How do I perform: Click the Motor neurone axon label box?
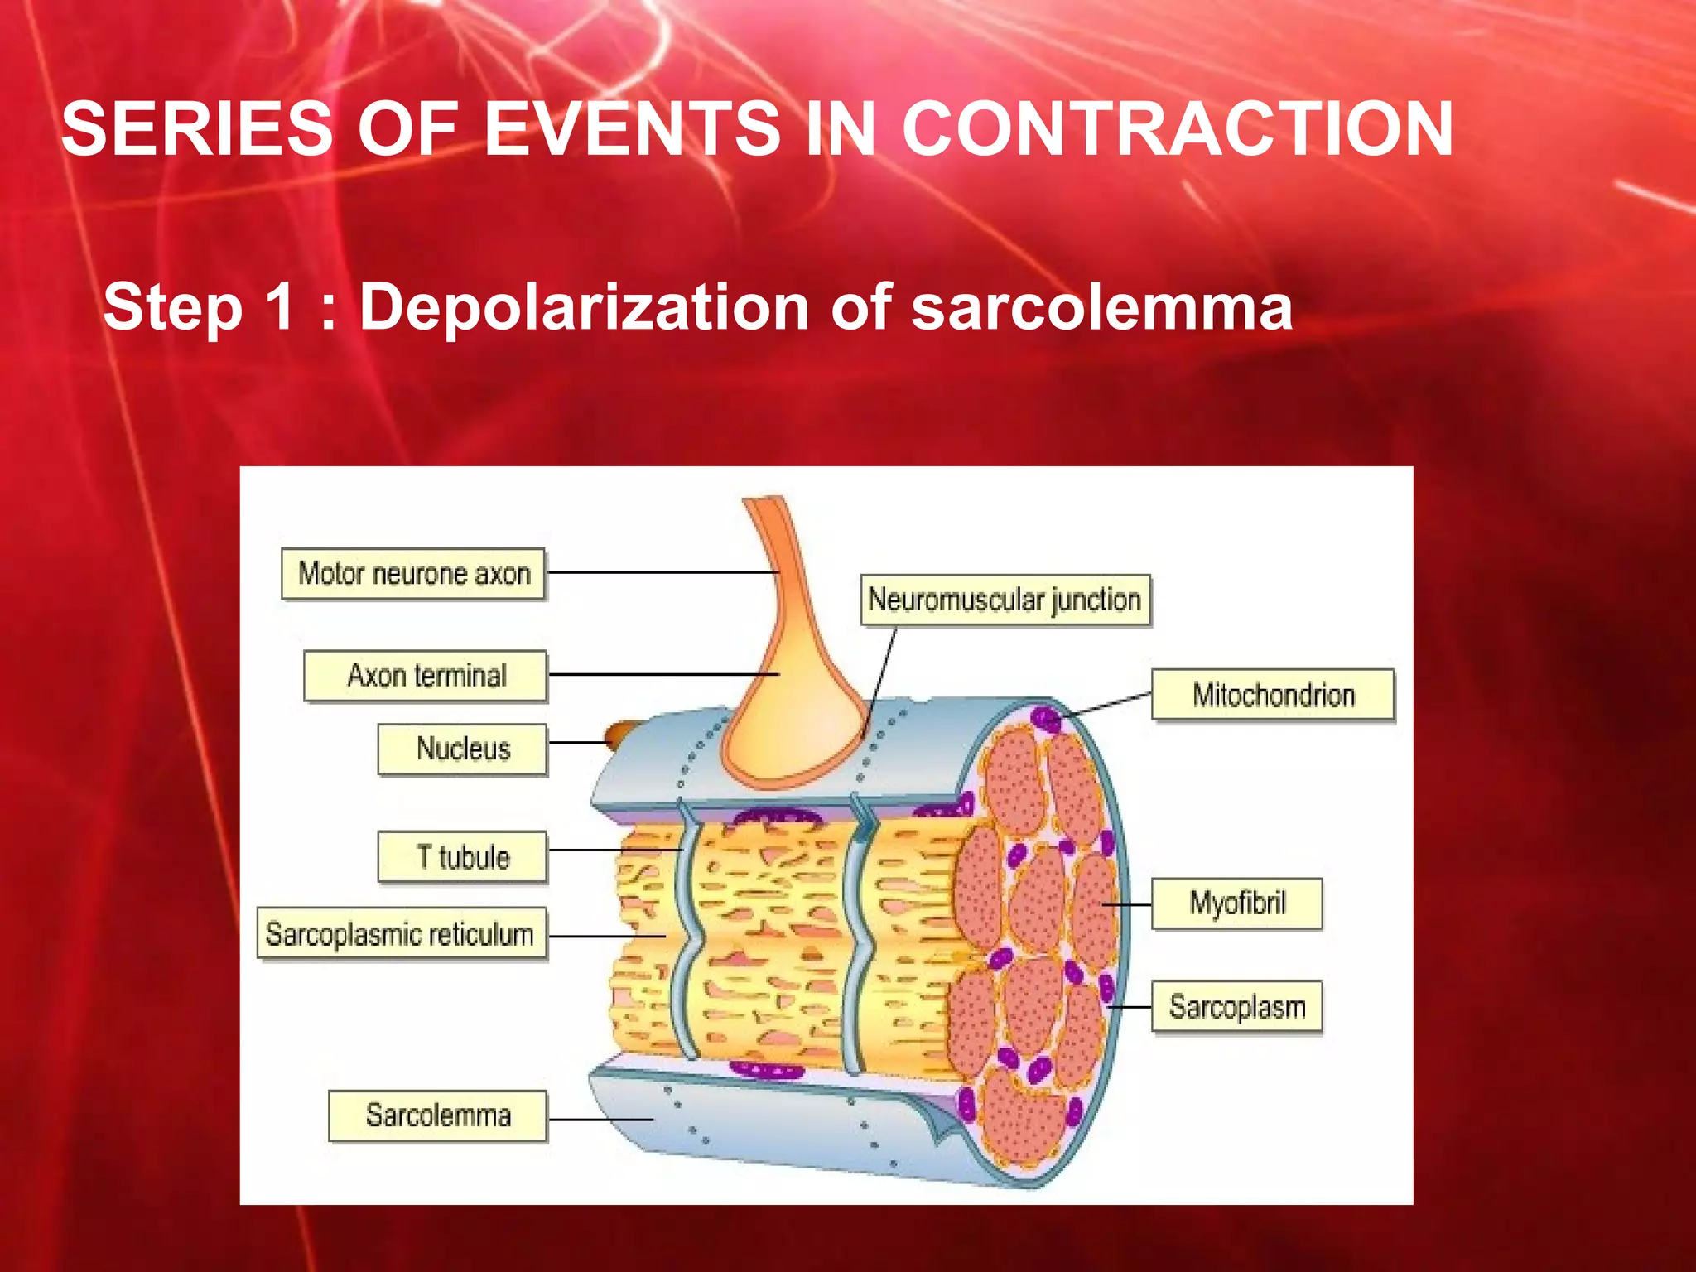[413, 573]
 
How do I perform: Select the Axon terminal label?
[426, 676]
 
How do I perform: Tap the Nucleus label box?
[463, 749]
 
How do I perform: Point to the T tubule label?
[463, 857]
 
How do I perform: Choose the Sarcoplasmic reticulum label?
[401, 934]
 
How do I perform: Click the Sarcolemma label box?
[438, 1115]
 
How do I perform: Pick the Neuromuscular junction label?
[1005, 600]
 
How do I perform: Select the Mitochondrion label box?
[1273, 695]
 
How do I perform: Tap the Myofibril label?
[1237, 903]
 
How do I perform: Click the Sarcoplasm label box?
[1237, 1007]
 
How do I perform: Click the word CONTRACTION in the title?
[1177, 129]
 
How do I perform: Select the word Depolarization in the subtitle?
[584, 307]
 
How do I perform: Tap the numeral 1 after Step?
[281, 307]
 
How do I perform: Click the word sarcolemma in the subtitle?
[1101, 307]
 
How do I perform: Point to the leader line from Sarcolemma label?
[600, 1120]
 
